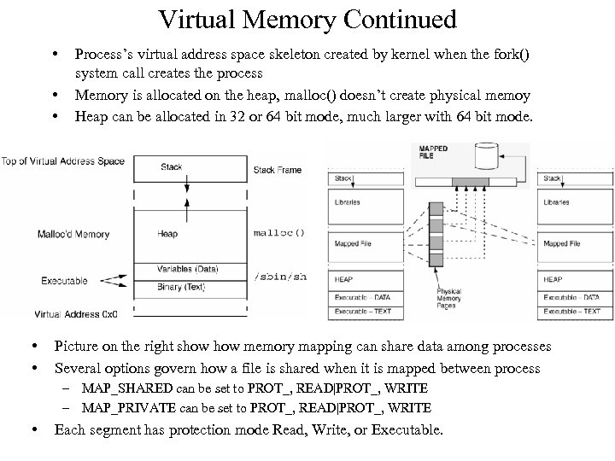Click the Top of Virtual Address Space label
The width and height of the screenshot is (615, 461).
(x=63, y=161)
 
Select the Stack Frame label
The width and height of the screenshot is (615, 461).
(x=278, y=170)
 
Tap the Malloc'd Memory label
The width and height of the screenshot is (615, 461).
(x=73, y=234)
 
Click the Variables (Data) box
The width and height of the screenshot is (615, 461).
(x=187, y=269)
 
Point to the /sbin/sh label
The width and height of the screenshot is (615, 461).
(x=280, y=277)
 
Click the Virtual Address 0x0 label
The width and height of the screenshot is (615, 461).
(x=76, y=313)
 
